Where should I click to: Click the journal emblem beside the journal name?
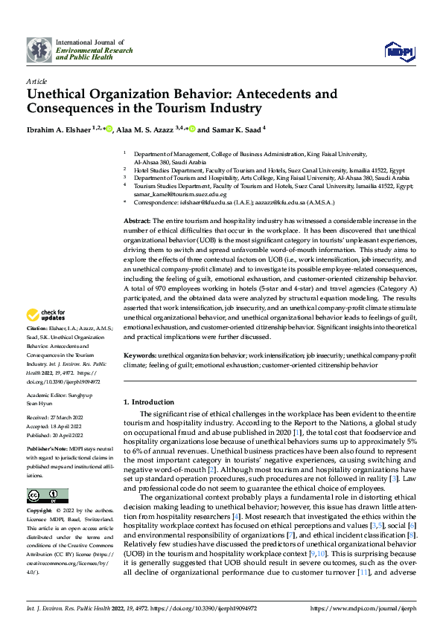point(39,50)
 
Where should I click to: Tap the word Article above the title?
point(36,81)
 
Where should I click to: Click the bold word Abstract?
point(136,222)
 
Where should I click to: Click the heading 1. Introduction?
point(148,402)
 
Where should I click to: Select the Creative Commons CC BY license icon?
point(47,496)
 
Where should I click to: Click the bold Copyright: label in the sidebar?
point(40,512)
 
